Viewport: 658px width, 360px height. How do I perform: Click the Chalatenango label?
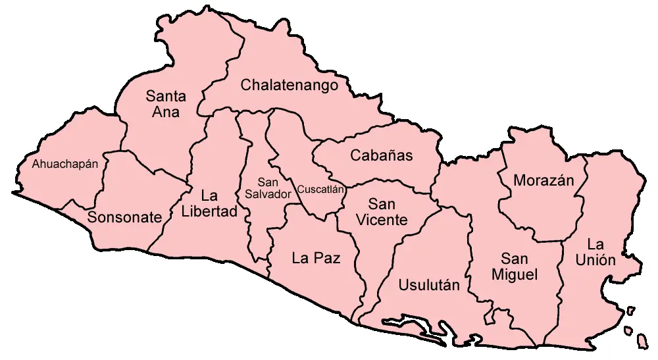click(290, 86)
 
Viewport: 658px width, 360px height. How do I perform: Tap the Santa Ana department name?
click(166, 104)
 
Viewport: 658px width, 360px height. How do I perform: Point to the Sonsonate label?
click(124, 218)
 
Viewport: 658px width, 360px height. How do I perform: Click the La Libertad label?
click(209, 204)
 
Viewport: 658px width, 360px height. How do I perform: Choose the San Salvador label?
click(267, 189)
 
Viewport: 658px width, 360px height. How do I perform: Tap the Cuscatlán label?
click(321, 190)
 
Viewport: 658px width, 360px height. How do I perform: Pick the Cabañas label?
click(382, 156)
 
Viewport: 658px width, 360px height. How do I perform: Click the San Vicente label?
click(382, 212)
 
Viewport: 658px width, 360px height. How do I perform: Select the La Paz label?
click(316, 259)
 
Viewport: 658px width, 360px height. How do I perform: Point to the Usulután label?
click(429, 285)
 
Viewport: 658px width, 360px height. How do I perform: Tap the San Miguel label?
click(515, 267)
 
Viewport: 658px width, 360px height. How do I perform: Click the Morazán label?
click(544, 180)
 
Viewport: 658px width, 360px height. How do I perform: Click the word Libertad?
click(209, 212)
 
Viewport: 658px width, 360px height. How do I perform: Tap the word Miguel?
click(515, 274)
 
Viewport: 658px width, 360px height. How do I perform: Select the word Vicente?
click(382, 220)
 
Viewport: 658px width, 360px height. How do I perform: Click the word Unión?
click(595, 260)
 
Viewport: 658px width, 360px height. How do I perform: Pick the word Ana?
click(166, 112)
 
